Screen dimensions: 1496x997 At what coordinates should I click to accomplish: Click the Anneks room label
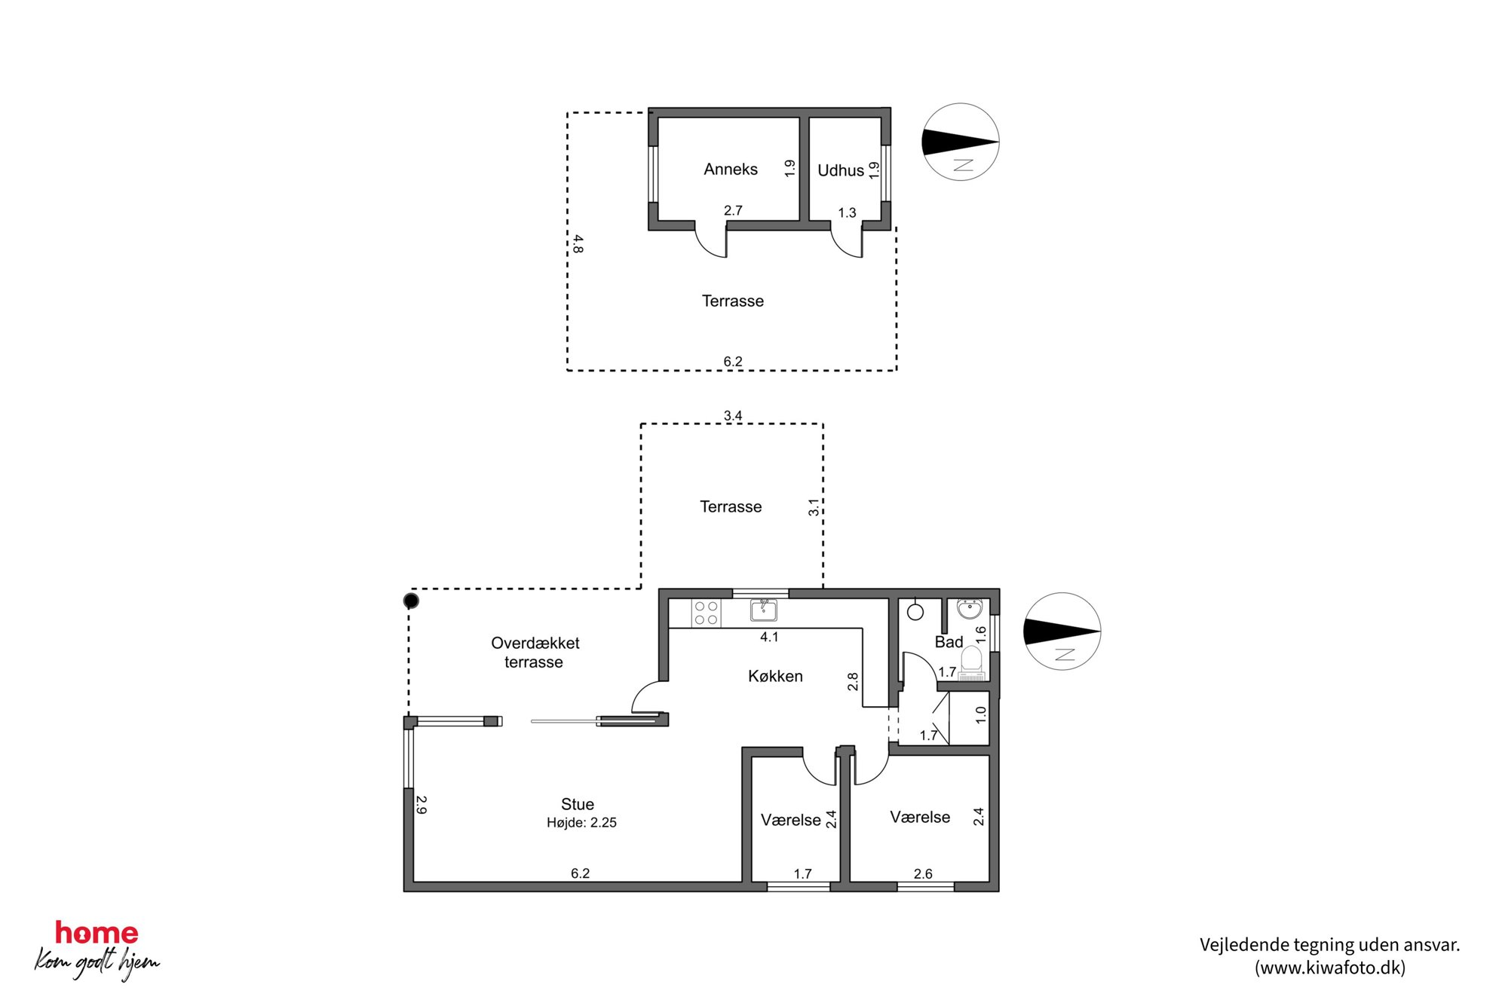(730, 170)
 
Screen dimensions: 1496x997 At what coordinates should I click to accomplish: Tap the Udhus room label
(841, 171)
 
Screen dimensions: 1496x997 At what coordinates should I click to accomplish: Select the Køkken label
(775, 677)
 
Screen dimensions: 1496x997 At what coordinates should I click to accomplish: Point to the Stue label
(578, 804)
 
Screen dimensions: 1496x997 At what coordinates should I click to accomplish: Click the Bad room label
(949, 642)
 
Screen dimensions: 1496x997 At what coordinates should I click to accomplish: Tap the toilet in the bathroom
(972, 663)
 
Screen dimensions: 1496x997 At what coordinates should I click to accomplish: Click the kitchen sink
(763, 610)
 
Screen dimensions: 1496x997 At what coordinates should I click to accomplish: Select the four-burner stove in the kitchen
(706, 613)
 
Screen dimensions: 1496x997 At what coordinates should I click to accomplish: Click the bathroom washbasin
(970, 607)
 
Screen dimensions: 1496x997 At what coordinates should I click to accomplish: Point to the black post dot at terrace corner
(411, 601)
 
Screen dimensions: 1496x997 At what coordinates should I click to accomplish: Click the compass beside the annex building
(961, 142)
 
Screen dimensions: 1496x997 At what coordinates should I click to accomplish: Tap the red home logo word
(97, 934)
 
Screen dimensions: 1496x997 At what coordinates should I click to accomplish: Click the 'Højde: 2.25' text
(581, 823)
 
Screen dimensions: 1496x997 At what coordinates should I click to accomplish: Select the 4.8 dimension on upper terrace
(578, 243)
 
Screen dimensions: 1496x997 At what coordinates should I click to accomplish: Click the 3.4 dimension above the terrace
(733, 416)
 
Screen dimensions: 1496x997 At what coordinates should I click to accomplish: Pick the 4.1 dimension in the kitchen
(769, 637)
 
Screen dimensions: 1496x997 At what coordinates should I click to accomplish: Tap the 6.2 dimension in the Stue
(580, 873)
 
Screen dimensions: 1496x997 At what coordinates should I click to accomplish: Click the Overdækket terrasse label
(535, 653)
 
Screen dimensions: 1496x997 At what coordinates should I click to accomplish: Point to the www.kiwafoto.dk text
(1330, 968)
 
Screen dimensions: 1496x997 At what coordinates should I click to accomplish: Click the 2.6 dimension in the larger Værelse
(923, 874)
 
